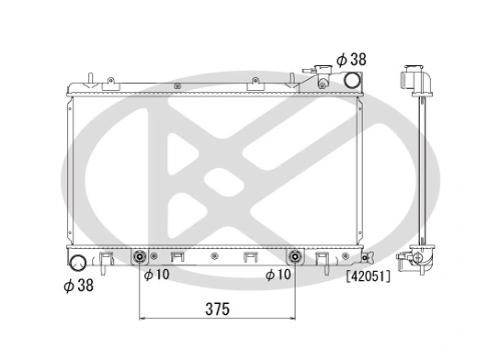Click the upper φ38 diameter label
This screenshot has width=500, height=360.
point(351,59)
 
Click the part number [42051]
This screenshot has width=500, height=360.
point(368,275)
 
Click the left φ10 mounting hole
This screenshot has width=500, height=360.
point(140,257)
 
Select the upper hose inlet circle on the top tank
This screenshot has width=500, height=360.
point(349,80)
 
